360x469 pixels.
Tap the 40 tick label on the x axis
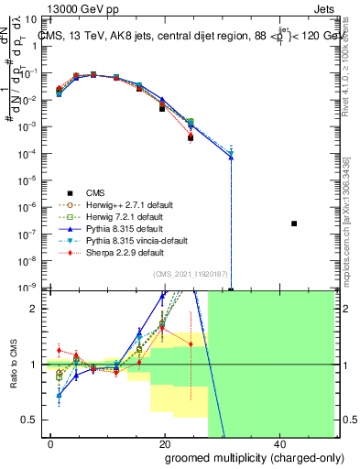tap(279, 443)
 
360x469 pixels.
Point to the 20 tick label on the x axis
tap(165, 443)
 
